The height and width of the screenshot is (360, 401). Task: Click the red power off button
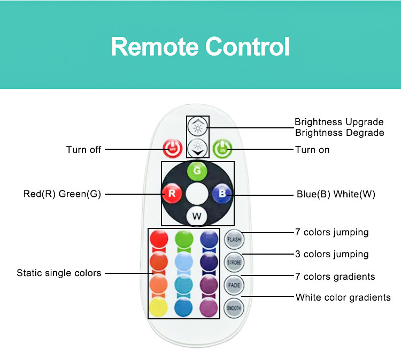coord(173,148)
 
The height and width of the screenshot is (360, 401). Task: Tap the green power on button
coord(222,149)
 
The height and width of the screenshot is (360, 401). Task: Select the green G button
coord(197,171)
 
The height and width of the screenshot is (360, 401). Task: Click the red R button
coord(172,194)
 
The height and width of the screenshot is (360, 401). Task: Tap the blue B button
coord(222,194)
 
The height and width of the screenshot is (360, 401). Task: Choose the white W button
coord(197,216)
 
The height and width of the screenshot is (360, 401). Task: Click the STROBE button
coord(234,262)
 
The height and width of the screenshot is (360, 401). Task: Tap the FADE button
coord(234,285)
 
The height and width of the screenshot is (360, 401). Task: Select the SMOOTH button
coord(234,308)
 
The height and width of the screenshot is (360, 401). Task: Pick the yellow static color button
coord(159,307)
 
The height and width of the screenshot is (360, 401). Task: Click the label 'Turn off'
coord(83,150)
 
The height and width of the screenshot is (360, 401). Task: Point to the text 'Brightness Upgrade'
coord(339,122)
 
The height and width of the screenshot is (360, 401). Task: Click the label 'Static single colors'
coord(59,273)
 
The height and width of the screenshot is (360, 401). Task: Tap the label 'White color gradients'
coord(343,297)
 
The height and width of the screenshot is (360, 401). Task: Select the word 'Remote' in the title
coord(155,47)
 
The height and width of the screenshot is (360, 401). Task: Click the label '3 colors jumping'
coord(332,254)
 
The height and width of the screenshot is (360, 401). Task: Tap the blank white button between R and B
coord(197,194)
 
